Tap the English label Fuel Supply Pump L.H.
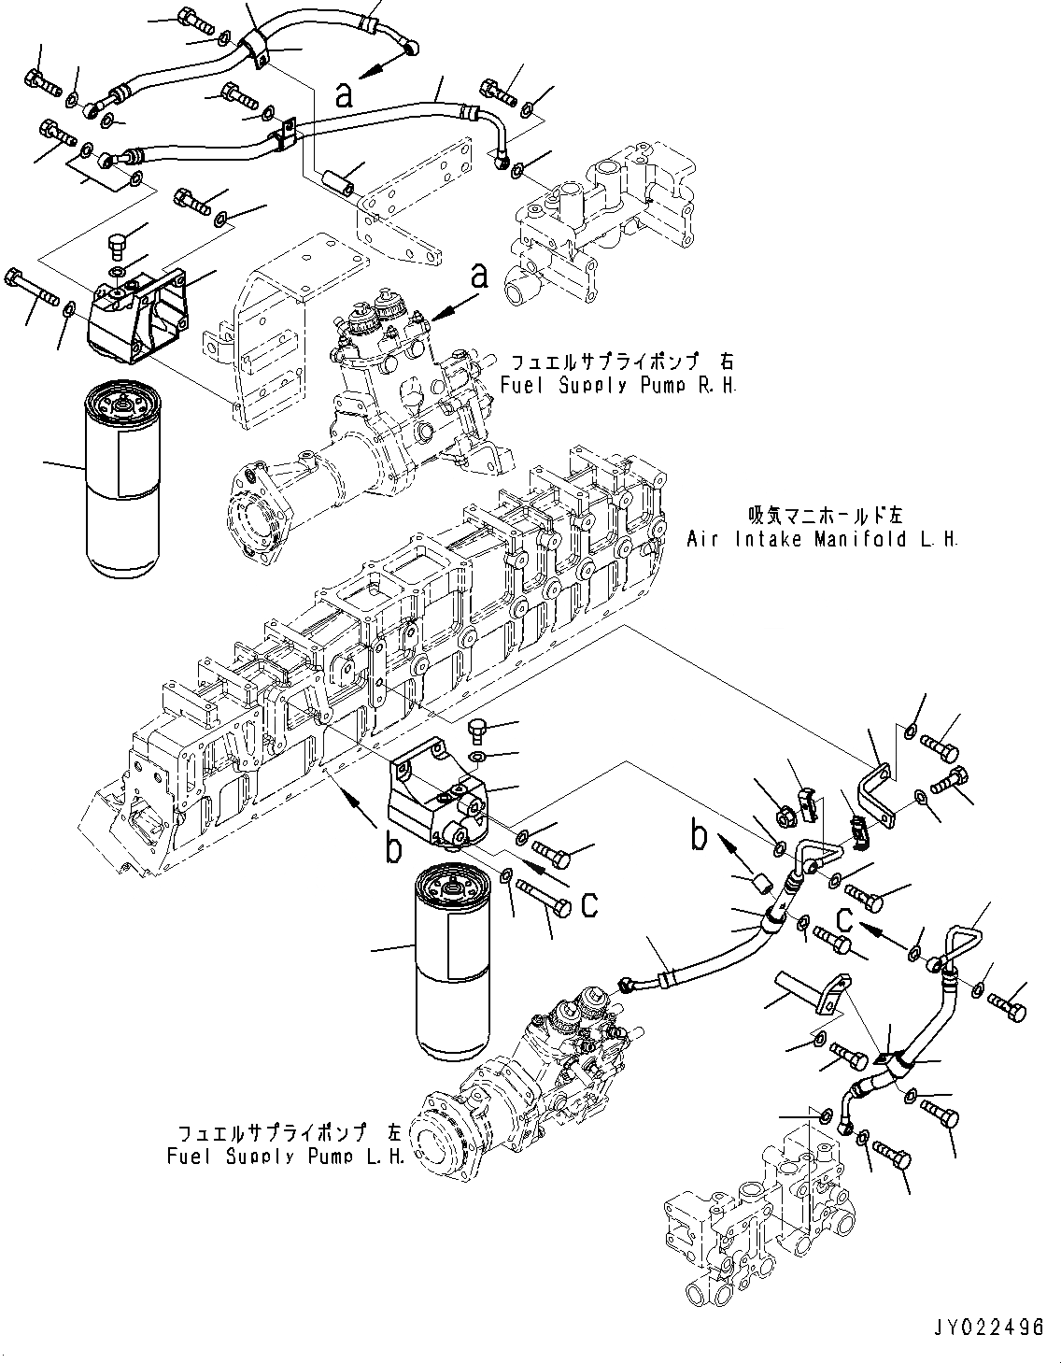(x=286, y=1156)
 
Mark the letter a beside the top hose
(x=345, y=94)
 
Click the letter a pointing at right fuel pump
(x=479, y=276)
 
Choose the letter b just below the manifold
(x=393, y=848)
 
